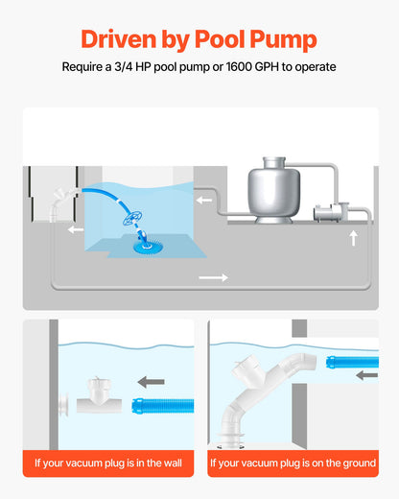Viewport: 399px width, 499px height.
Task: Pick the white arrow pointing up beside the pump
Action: pos(353,237)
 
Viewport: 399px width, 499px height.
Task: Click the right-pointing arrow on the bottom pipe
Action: pos(213,277)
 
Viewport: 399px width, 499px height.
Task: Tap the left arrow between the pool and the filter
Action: pos(205,202)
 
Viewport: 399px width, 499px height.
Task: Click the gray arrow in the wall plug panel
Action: pos(149,379)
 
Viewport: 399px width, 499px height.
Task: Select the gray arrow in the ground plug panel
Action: pos(365,375)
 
